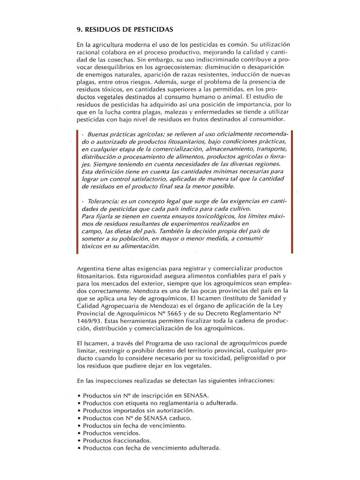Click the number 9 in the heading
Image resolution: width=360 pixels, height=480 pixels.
point(78,29)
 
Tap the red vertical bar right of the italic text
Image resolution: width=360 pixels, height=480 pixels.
point(292,191)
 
